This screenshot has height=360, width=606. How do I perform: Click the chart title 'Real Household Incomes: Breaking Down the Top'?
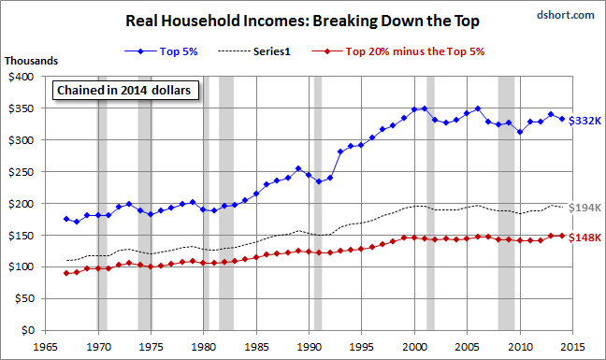pos(302,21)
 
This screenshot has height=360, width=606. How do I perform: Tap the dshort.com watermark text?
pos(566,15)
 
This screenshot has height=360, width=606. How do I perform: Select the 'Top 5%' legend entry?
pos(161,51)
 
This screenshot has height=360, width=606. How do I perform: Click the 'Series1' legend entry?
pos(254,51)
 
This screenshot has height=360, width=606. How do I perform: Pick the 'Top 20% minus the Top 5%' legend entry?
pos(398,51)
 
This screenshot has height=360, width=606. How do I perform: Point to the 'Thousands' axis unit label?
pos(31,61)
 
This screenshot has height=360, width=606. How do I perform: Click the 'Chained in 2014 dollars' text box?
pos(125,90)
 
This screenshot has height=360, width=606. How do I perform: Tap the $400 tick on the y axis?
pos(22,77)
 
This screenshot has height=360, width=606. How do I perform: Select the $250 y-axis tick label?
pos(22,172)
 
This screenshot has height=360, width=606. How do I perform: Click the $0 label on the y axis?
pos(27,330)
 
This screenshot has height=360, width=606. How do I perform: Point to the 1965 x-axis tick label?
pos(46,347)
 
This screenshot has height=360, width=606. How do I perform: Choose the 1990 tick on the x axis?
pos(310,347)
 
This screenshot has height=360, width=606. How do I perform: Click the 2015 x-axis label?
pos(572,347)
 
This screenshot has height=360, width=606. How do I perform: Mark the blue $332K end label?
pos(584,121)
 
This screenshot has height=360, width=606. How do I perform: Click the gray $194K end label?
pos(584,208)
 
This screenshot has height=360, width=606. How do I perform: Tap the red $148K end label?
pos(584,238)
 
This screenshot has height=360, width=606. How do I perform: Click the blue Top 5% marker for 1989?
pos(298,168)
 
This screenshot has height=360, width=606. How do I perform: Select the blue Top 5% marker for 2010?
pos(520,132)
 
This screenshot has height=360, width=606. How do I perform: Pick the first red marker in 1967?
pos(66,273)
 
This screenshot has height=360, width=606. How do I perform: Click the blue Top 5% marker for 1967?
pos(66,219)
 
